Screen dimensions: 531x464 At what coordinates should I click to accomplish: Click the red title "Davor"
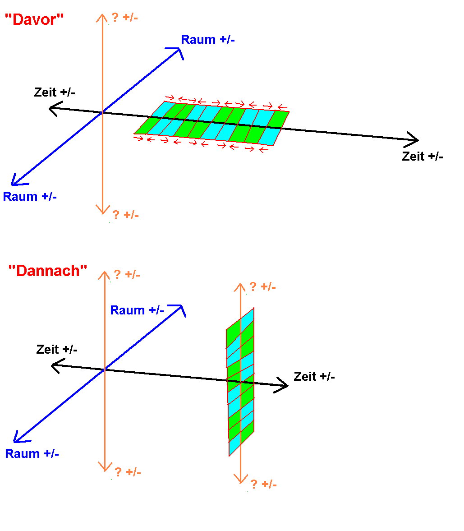coord(34,20)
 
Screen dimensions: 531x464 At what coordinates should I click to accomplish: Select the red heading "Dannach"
coord(47,271)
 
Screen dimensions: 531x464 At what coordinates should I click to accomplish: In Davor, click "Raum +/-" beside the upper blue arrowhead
coord(208,40)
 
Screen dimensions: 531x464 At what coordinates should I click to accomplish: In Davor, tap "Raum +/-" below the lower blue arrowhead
coord(30,197)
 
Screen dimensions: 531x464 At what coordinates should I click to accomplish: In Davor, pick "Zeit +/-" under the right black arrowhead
coord(423,157)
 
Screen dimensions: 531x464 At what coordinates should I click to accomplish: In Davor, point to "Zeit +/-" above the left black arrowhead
coord(55,92)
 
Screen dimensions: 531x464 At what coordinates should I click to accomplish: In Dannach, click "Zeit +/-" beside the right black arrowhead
coord(314,376)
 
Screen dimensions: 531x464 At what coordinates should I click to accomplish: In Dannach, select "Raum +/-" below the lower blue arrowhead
coord(32,453)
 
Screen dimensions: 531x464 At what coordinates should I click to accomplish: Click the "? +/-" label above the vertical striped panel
coord(262,286)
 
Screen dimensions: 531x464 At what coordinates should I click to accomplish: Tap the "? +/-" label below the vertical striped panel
coord(263,484)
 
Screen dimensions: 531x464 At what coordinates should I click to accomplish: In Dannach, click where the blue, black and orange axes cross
coord(105,369)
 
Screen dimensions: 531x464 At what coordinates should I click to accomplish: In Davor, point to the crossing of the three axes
coord(103,112)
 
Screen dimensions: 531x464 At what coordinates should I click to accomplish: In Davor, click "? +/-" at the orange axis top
coord(125,18)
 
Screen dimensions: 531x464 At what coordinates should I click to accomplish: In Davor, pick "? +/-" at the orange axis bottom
coord(125,215)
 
